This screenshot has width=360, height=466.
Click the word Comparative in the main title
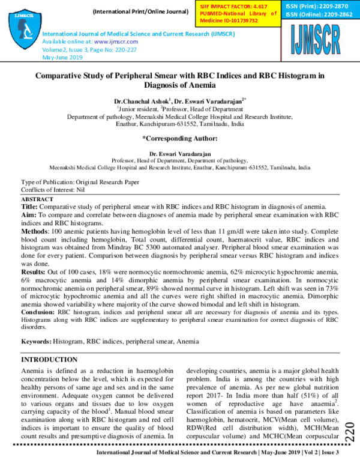(64, 77)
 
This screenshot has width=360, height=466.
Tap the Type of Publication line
(80, 181)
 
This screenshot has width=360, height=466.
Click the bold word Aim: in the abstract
(29, 214)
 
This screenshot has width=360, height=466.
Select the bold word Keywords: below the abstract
(36, 341)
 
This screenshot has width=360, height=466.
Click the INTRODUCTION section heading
(49, 360)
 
